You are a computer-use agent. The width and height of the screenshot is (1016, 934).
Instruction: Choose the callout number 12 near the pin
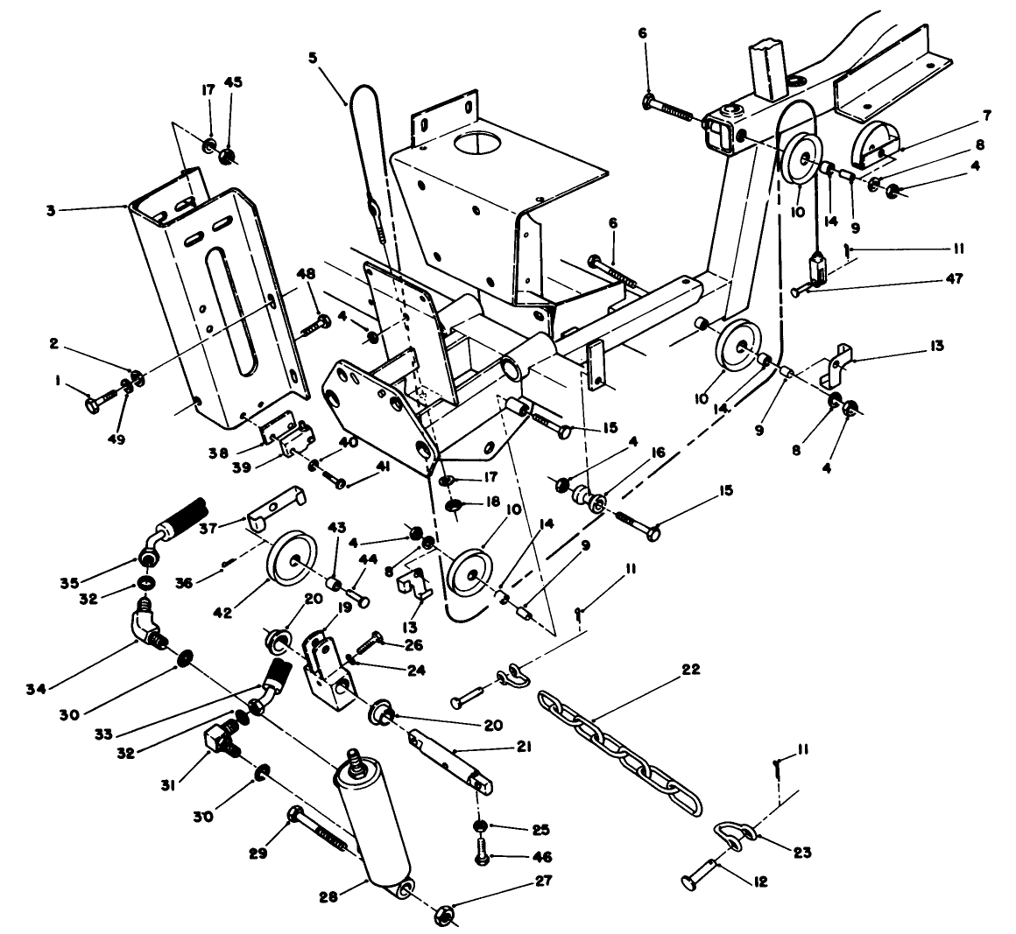click(759, 882)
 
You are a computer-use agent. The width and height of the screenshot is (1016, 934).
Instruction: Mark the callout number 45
click(234, 83)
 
